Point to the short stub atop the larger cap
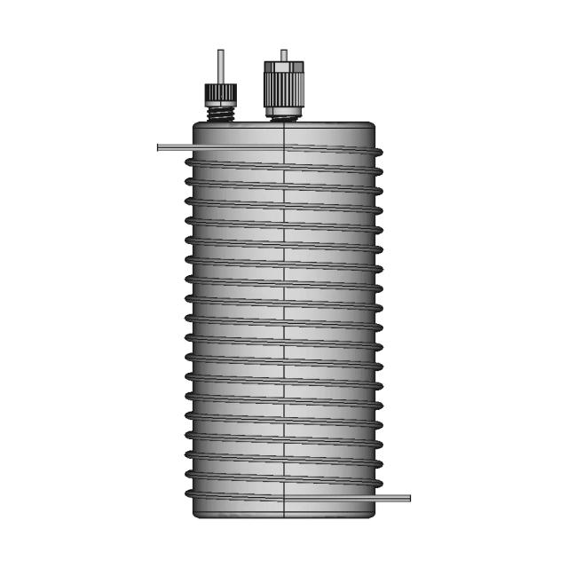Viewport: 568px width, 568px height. coord(283,54)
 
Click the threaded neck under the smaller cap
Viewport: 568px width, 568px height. coord(220,113)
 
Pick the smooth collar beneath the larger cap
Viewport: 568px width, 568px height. coord(283,112)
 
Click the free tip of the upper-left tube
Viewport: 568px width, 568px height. coord(159,147)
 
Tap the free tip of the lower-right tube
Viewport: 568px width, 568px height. coord(407,498)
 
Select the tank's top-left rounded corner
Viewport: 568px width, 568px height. coord(196,126)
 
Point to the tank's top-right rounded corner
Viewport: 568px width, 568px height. coord(370,126)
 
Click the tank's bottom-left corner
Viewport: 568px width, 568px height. coord(195,514)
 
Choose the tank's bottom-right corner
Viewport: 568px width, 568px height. coord(371,514)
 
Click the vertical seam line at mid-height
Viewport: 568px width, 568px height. coord(283,319)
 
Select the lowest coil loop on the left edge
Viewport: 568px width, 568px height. coord(189,493)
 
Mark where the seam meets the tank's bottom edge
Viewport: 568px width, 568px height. coord(283,517)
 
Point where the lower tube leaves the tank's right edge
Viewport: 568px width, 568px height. coord(375,498)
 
